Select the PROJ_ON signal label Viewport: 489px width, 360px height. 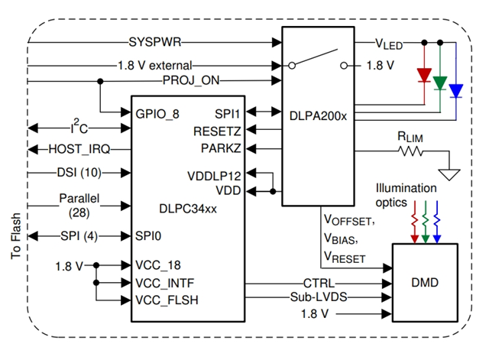pos(188,80)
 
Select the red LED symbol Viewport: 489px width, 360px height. pos(423,76)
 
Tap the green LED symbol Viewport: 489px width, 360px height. pos(439,83)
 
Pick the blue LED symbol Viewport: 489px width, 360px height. pos(456,91)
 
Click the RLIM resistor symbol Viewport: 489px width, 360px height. pos(410,151)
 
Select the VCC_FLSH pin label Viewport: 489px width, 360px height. pos(167,300)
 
